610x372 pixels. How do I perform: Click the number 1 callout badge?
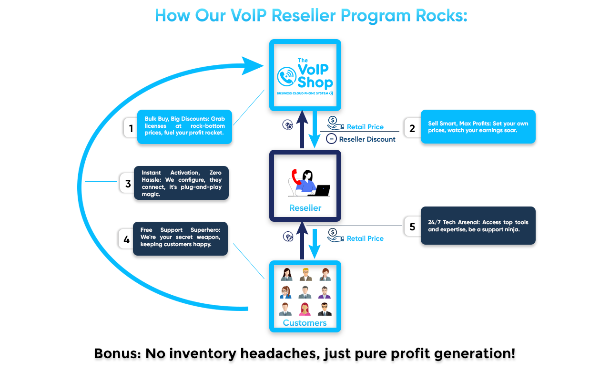pyautogui.click(x=131, y=128)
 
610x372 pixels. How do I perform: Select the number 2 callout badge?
pyautogui.click(x=412, y=128)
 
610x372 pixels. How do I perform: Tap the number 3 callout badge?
pyautogui.click(x=127, y=183)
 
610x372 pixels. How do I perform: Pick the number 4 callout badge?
pyautogui.click(x=126, y=239)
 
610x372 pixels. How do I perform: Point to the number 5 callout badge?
pyautogui.click(x=412, y=227)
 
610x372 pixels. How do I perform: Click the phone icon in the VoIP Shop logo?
pyautogui.click(x=287, y=77)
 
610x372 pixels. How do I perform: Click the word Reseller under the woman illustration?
pyautogui.click(x=305, y=208)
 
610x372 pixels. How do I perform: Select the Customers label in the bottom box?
pyautogui.click(x=305, y=323)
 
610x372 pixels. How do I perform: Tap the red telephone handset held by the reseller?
pyautogui.click(x=295, y=176)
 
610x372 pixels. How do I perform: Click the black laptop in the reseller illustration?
pyautogui.click(x=320, y=191)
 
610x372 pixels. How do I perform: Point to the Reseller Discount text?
pyautogui.click(x=367, y=139)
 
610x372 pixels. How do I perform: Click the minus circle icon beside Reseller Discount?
pyautogui.click(x=331, y=139)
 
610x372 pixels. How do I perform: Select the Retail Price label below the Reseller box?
pyautogui.click(x=365, y=238)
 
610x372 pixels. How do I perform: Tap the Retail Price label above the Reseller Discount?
pyautogui.click(x=365, y=127)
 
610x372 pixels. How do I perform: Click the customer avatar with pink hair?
pyautogui.click(x=305, y=310)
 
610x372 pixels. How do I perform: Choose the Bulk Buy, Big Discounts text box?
pyautogui.click(x=184, y=126)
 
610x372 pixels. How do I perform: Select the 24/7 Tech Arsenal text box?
pyautogui.click(x=478, y=226)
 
